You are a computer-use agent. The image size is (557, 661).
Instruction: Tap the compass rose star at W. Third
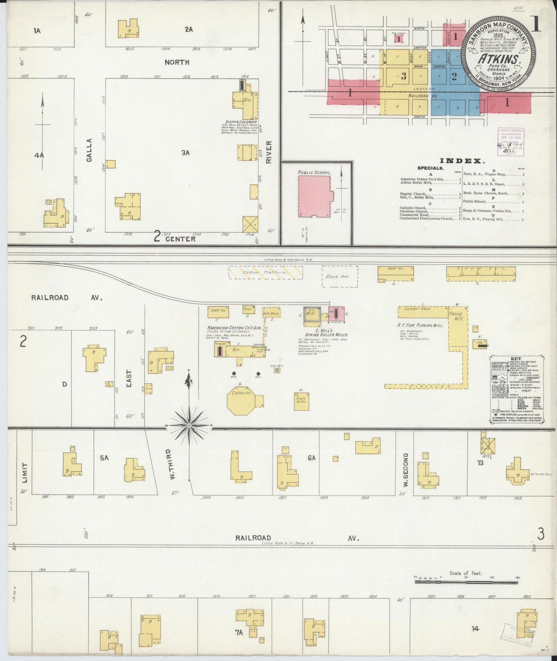point(189,425)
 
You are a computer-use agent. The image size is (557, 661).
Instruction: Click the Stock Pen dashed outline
point(340,277)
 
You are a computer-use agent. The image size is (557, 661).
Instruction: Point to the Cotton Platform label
point(265,273)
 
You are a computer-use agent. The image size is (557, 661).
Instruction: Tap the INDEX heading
point(463,161)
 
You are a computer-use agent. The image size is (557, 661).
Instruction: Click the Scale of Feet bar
point(466,581)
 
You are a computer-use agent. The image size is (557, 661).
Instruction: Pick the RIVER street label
point(269,152)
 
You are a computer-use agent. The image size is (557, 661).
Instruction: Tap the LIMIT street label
point(24,473)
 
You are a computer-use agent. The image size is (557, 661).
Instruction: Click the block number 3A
point(185,153)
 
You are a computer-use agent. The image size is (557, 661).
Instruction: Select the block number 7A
point(239,632)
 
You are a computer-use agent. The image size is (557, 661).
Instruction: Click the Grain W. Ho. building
point(301,401)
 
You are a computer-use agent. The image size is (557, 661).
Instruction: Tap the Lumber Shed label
point(416,309)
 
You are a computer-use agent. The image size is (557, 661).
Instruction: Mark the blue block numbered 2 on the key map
point(454,76)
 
